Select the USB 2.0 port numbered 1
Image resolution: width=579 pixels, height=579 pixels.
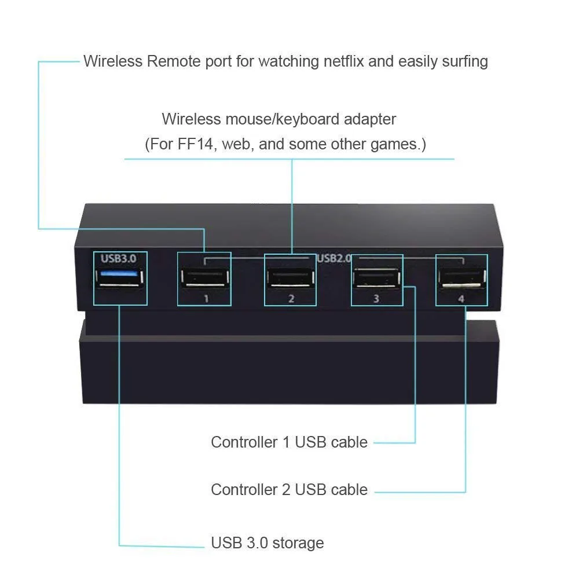point(204,278)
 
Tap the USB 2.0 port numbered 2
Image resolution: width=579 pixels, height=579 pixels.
point(291,278)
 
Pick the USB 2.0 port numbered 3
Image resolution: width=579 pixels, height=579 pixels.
point(377,278)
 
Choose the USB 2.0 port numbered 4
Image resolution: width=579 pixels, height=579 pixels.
point(461,278)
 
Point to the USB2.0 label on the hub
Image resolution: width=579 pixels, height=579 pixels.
point(334,258)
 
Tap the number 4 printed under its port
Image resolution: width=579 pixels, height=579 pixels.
point(461,299)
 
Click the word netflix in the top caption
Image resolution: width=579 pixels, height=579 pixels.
point(336,61)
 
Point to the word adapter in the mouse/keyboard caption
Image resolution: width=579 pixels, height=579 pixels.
point(369,119)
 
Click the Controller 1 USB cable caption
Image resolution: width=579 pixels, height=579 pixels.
point(289,442)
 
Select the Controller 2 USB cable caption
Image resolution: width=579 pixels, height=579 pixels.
point(289,490)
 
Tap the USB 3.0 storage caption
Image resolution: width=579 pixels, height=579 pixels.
point(267,543)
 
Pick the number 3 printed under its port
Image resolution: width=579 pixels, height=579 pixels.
point(376,299)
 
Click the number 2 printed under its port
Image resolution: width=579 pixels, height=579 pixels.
point(291,299)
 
